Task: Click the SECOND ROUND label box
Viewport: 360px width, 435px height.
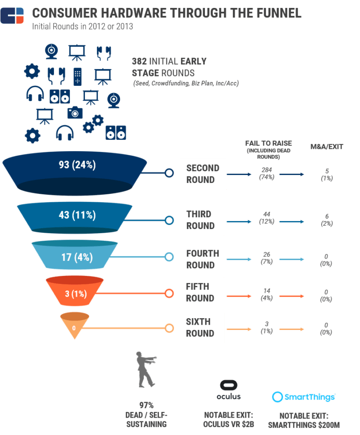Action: click(203, 174)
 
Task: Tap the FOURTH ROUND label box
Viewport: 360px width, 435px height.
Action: click(202, 259)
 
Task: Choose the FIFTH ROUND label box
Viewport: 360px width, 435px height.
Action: click(202, 292)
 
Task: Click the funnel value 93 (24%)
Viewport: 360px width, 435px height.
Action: click(77, 165)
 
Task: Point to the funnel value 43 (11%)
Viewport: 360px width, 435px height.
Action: click(77, 215)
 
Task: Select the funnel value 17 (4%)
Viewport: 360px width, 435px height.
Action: click(77, 257)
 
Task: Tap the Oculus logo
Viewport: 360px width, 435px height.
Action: click(229, 390)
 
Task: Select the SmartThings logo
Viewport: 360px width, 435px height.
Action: click(304, 397)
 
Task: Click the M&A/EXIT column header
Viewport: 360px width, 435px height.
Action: click(326, 146)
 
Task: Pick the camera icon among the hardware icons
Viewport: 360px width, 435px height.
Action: click(75, 112)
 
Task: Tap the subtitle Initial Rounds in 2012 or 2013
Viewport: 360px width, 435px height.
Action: click(82, 27)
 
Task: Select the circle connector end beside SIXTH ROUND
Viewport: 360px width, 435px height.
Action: click(169, 328)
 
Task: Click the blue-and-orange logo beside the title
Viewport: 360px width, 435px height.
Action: click(12, 15)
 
